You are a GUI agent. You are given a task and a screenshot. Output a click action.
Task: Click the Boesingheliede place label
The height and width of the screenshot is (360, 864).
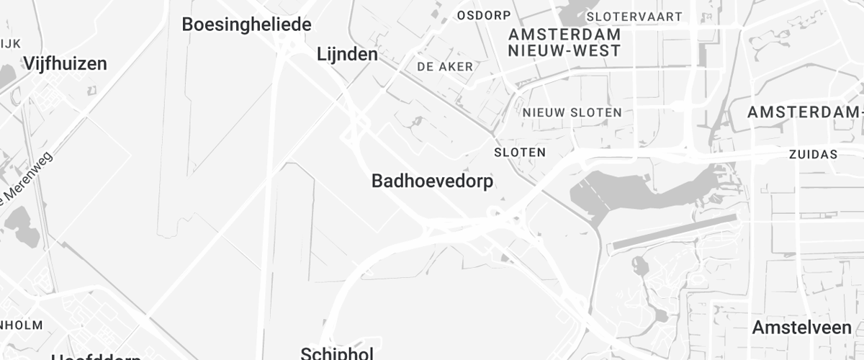[246, 24]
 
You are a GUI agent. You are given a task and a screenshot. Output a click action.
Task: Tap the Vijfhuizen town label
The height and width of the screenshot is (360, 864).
[65, 63]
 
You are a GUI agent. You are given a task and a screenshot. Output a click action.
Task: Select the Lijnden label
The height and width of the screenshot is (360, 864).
[347, 54]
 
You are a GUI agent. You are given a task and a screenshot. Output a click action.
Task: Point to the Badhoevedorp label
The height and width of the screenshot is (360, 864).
[432, 181]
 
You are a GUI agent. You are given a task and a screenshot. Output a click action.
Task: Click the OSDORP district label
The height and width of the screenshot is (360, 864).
[484, 15]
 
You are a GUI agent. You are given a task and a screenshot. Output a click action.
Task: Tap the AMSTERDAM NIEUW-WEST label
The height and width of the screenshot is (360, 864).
[564, 42]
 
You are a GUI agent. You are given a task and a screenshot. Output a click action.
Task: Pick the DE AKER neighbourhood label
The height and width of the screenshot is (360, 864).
[445, 67]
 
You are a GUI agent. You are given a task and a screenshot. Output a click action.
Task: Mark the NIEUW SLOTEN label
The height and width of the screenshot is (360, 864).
[572, 112]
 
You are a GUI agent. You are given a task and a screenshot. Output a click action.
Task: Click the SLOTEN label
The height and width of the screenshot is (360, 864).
[520, 153]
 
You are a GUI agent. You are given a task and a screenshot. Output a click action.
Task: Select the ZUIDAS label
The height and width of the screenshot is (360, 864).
[813, 154]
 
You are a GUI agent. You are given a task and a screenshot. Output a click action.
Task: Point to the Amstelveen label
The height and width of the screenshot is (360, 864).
[801, 328]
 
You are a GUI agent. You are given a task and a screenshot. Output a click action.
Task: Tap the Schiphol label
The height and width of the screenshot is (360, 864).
[337, 353]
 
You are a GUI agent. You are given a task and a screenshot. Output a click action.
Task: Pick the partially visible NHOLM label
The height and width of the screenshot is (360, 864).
[22, 325]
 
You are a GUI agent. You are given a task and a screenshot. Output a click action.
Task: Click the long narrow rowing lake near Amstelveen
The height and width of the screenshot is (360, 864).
[673, 232]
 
